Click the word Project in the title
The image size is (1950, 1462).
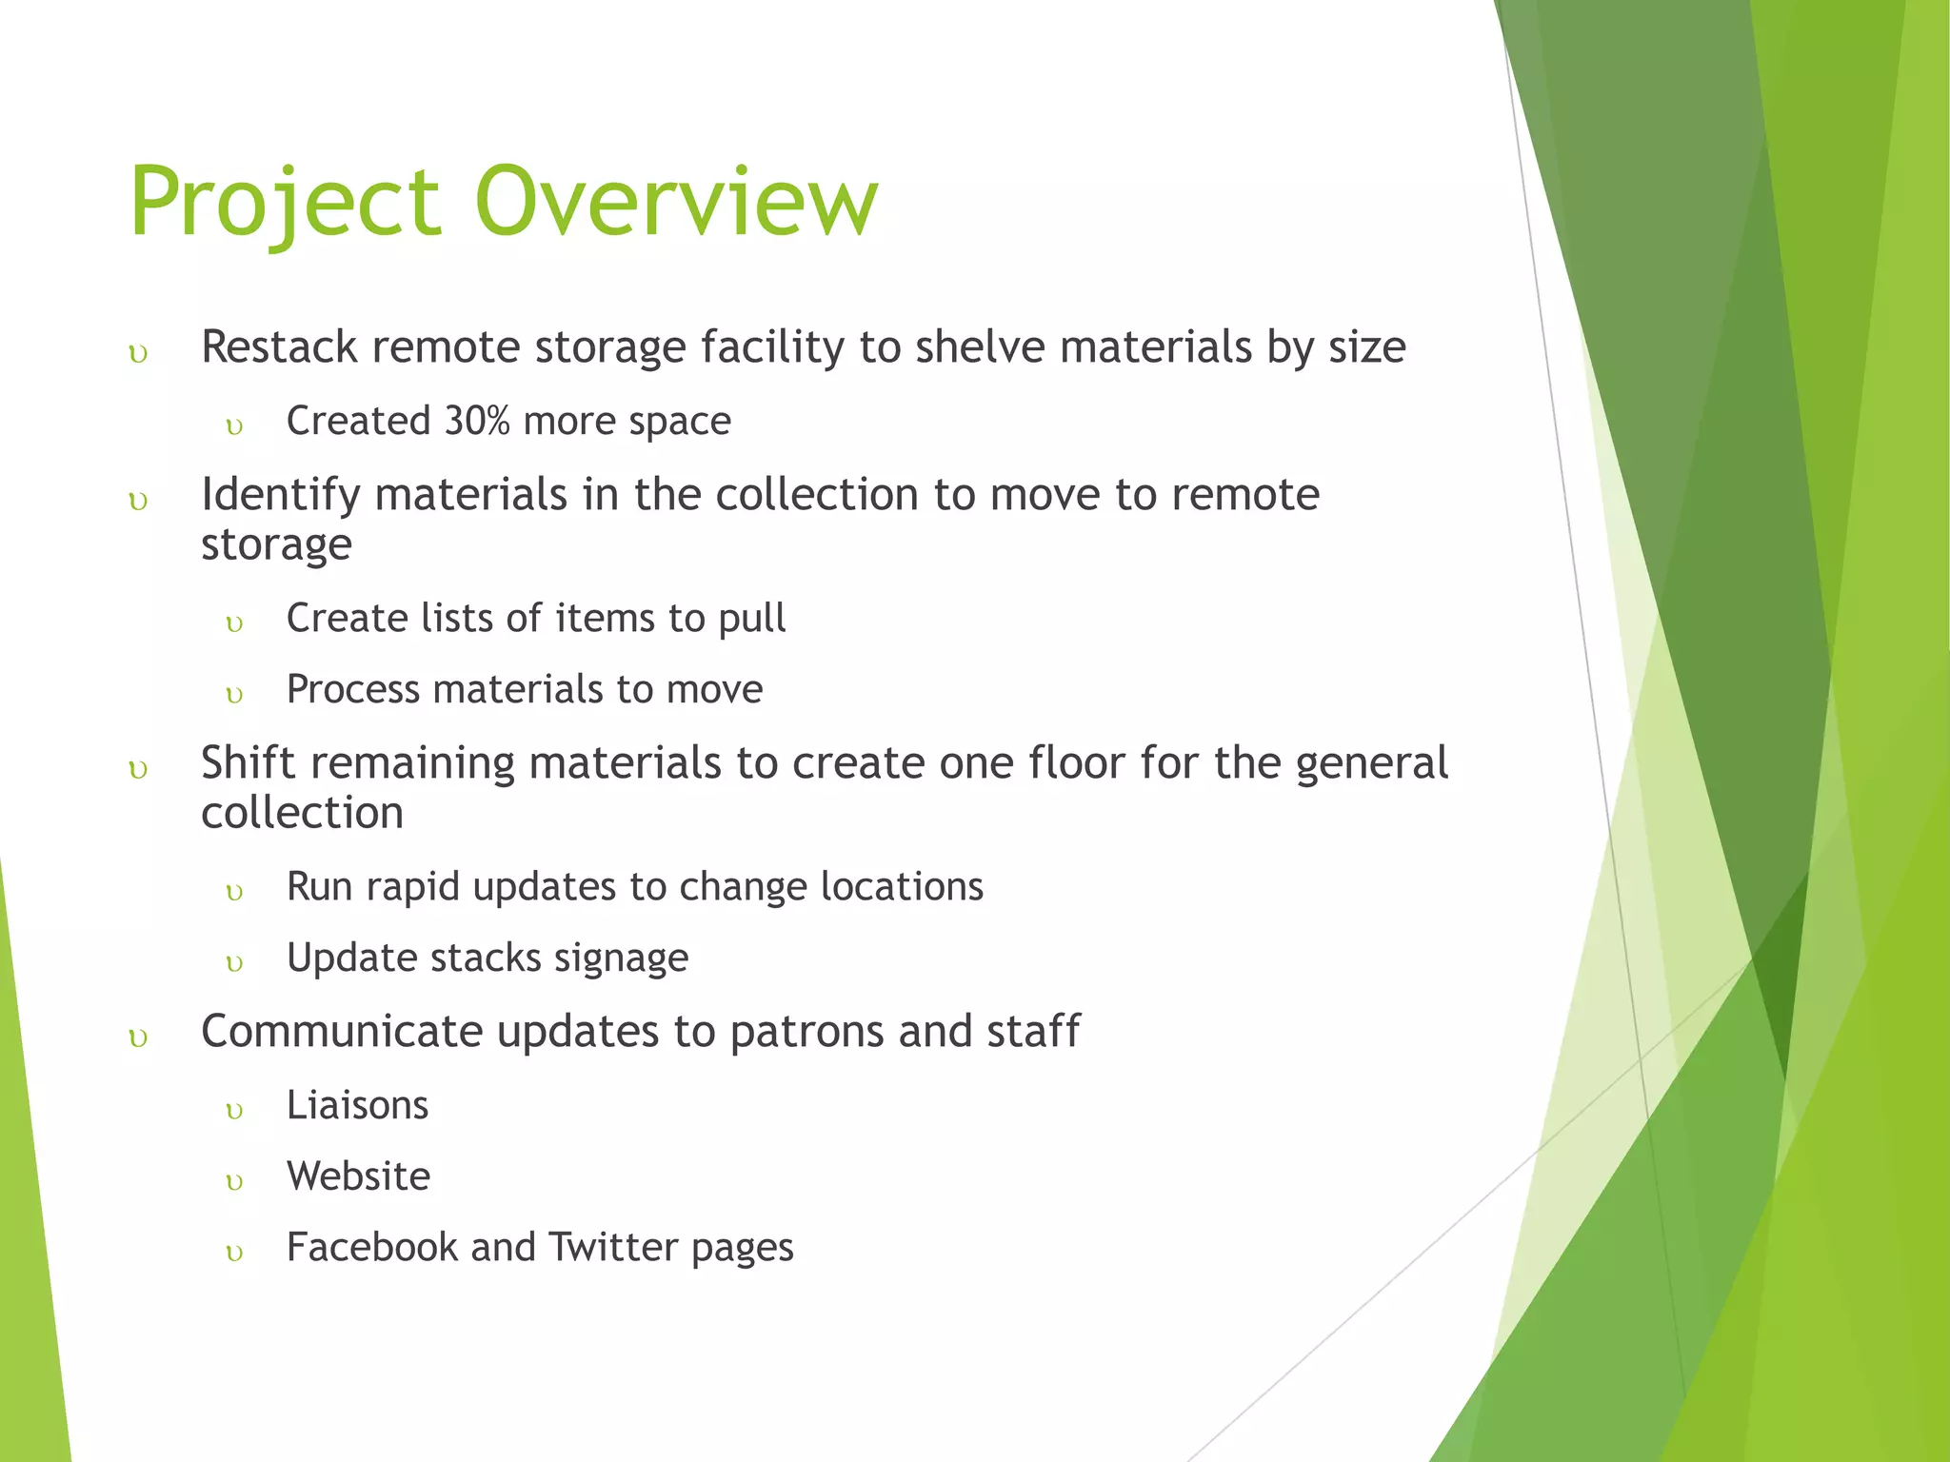coord(286,202)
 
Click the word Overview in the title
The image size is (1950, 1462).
coord(676,202)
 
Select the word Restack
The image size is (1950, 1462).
coord(279,346)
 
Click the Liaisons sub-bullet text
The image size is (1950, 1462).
coord(357,1106)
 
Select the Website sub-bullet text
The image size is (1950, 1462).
coord(358,1176)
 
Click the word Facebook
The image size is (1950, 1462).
coord(371,1248)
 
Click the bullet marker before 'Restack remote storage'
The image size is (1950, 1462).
coord(139,355)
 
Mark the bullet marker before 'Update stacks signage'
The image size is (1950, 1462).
coord(235,963)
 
